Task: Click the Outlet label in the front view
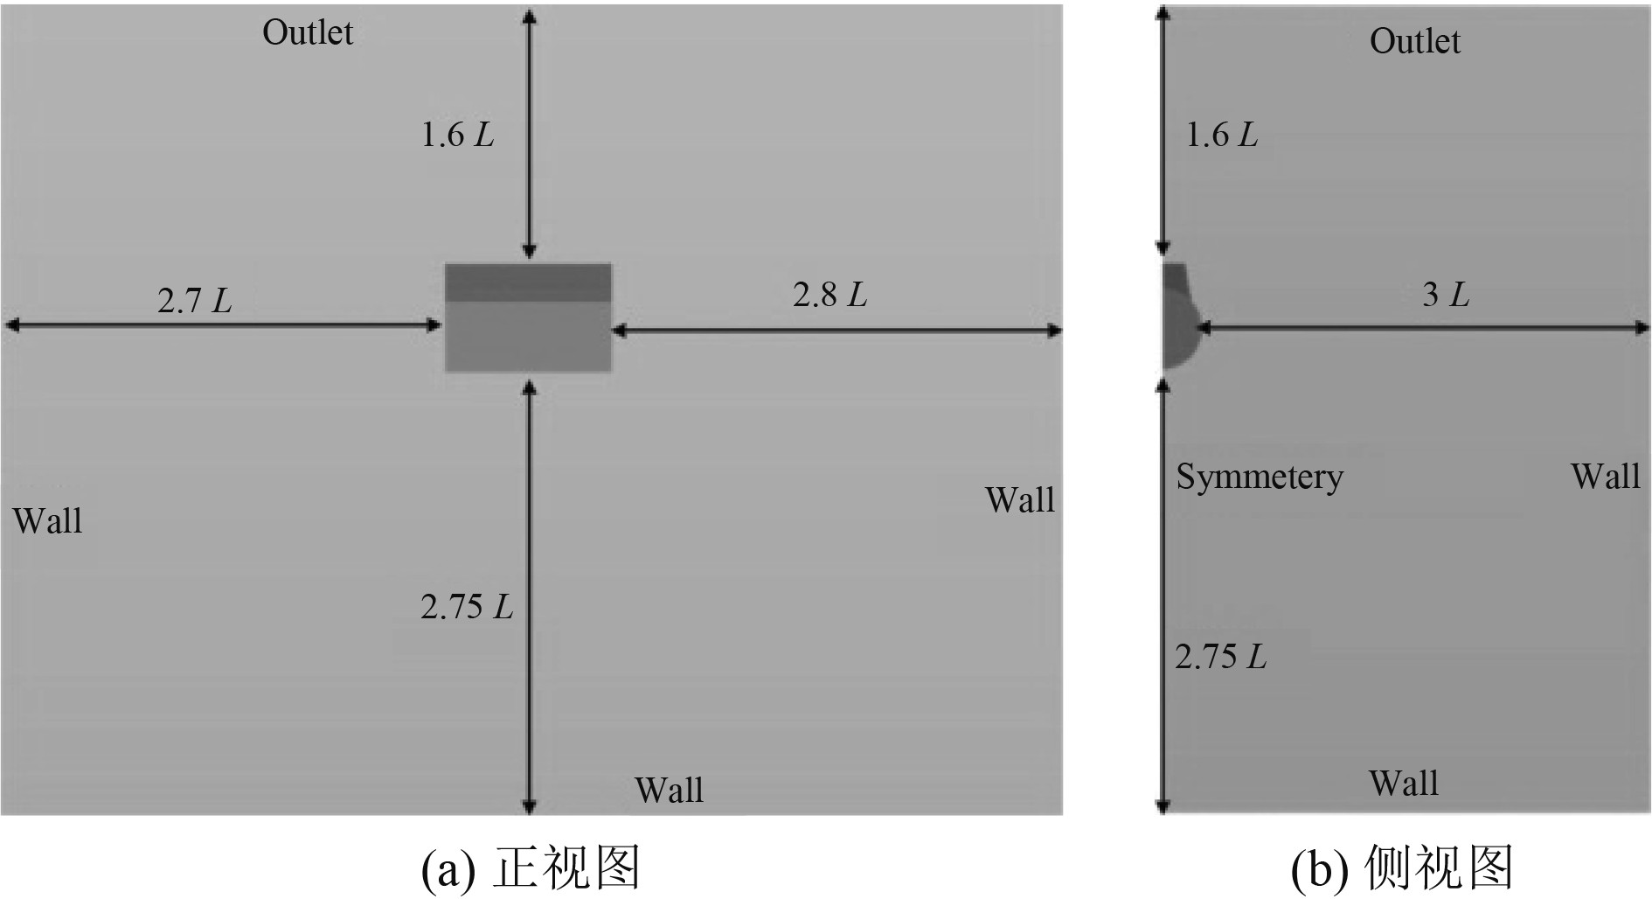(x=308, y=33)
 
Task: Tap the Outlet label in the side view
(x=1414, y=41)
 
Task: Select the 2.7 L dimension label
(x=194, y=301)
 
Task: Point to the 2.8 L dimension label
(x=829, y=295)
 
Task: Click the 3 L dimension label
(x=1445, y=295)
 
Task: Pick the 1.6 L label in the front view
(x=457, y=135)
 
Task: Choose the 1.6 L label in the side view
(x=1221, y=135)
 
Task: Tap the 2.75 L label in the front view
(x=466, y=607)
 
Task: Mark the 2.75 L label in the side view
(x=1220, y=657)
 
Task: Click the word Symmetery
(x=1259, y=477)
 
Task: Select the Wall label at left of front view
(x=47, y=521)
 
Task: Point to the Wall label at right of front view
(x=1019, y=500)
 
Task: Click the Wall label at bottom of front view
(x=669, y=791)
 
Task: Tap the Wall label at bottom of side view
(x=1403, y=784)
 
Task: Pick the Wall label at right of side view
(x=1605, y=477)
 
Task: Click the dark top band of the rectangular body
(x=528, y=282)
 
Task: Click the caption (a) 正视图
(x=531, y=868)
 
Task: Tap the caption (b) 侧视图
(x=1401, y=868)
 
